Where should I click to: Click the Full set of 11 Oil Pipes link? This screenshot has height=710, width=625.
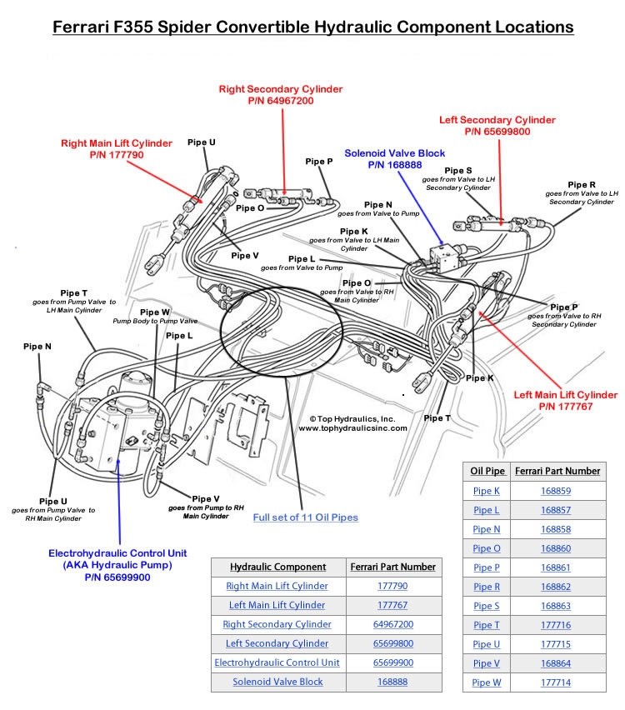[x=306, y=517]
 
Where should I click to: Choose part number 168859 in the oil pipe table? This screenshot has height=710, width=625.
[x=556, y=491]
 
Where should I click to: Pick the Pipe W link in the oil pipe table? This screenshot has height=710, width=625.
[x=487, y=682]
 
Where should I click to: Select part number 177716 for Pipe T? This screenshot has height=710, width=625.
[x=556, y=625]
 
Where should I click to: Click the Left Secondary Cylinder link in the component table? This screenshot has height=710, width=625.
[x=277, y=643]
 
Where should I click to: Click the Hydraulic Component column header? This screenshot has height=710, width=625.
[x=277, y=567]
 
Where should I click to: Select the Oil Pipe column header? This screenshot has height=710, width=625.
[x=487, y=471]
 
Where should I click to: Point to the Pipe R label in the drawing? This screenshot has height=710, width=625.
[x=581, y=184]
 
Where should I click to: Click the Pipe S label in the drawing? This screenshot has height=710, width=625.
[x=458, y=171]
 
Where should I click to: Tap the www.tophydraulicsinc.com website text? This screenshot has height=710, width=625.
[x=352, y=428]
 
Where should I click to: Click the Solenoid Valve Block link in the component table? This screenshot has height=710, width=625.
[x=277, y=682]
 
